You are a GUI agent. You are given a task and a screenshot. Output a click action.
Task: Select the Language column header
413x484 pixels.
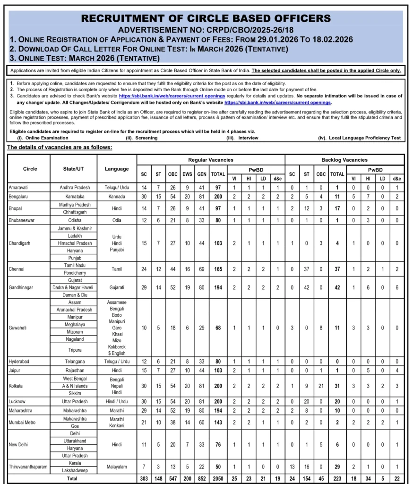pos(117,169)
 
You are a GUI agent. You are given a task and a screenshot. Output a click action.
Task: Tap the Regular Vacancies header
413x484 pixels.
pos(211,160)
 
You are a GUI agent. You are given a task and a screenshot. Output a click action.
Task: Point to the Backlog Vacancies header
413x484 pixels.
pos(344,160)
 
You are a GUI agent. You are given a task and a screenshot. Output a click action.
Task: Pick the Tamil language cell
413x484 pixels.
pos(117,269)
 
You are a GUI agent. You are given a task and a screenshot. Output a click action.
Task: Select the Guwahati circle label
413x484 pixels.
pos(20,327)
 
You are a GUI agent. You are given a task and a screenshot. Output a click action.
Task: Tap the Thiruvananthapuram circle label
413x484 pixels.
pos(28,467)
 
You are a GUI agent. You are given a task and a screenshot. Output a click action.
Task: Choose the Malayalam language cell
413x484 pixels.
pos(117,467)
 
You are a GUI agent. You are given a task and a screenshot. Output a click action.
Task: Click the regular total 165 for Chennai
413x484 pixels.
pos(218,269)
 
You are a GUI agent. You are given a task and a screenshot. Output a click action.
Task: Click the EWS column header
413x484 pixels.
pos(188,174)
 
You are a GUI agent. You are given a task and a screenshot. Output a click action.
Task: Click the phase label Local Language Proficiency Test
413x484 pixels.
pos(363,138)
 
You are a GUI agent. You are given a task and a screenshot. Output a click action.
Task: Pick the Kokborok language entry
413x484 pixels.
pos(117,346)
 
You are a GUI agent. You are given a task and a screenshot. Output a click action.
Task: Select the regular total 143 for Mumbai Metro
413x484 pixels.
pos(218,422)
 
